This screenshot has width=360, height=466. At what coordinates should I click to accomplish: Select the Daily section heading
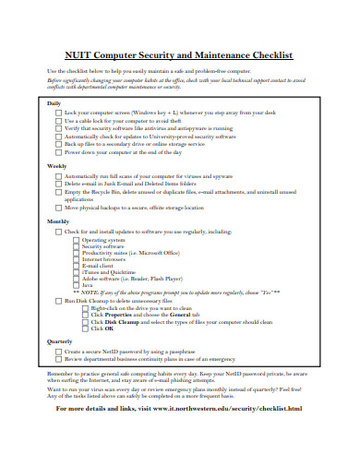pos(54,102)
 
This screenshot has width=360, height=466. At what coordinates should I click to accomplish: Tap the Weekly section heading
pos(56,166)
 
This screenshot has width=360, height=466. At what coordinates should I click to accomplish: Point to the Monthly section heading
pos(57,221)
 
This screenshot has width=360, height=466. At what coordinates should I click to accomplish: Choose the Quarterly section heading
pos(59,341)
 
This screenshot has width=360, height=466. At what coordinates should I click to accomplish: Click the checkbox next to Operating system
pos(76,239)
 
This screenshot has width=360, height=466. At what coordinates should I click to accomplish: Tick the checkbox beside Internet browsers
pos(76,259)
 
